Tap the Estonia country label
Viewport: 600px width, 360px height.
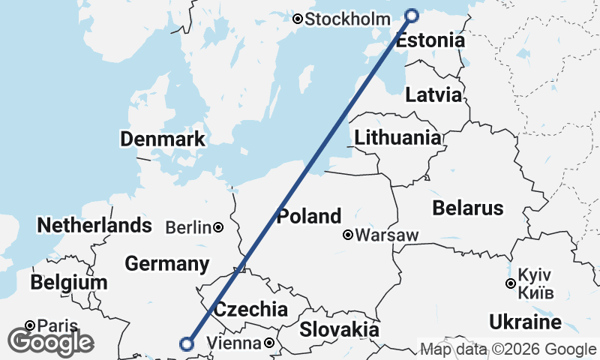[430, 40]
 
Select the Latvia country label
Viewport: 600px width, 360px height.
[433, 95]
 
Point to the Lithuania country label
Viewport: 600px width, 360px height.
[397, 137]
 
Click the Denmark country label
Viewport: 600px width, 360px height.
[162, 139]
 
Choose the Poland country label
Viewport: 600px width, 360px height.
[309, 217]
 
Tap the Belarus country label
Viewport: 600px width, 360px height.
[466, 208]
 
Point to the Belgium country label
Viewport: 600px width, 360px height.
[69, 283]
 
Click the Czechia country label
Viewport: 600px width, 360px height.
[250, 309]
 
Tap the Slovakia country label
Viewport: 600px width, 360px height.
[339, 329]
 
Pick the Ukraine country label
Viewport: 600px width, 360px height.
[525, 322]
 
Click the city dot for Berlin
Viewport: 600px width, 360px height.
[217, 227]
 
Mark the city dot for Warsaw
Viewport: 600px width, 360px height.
[348, 235]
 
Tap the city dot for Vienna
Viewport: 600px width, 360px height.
[268, 343]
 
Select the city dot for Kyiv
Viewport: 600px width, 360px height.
[510, 283]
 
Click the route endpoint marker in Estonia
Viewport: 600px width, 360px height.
[411, 15]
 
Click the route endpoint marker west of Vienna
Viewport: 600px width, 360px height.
[187, 344]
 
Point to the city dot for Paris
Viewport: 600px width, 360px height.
[30, 325]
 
